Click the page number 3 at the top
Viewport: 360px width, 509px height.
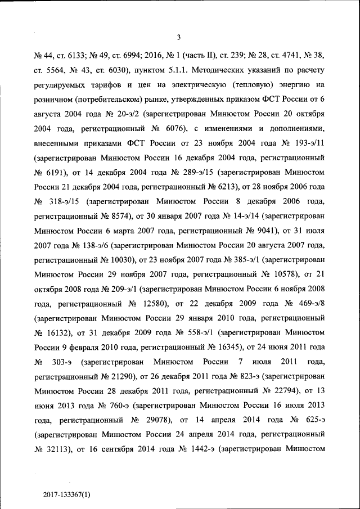[x=178, y=38]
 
